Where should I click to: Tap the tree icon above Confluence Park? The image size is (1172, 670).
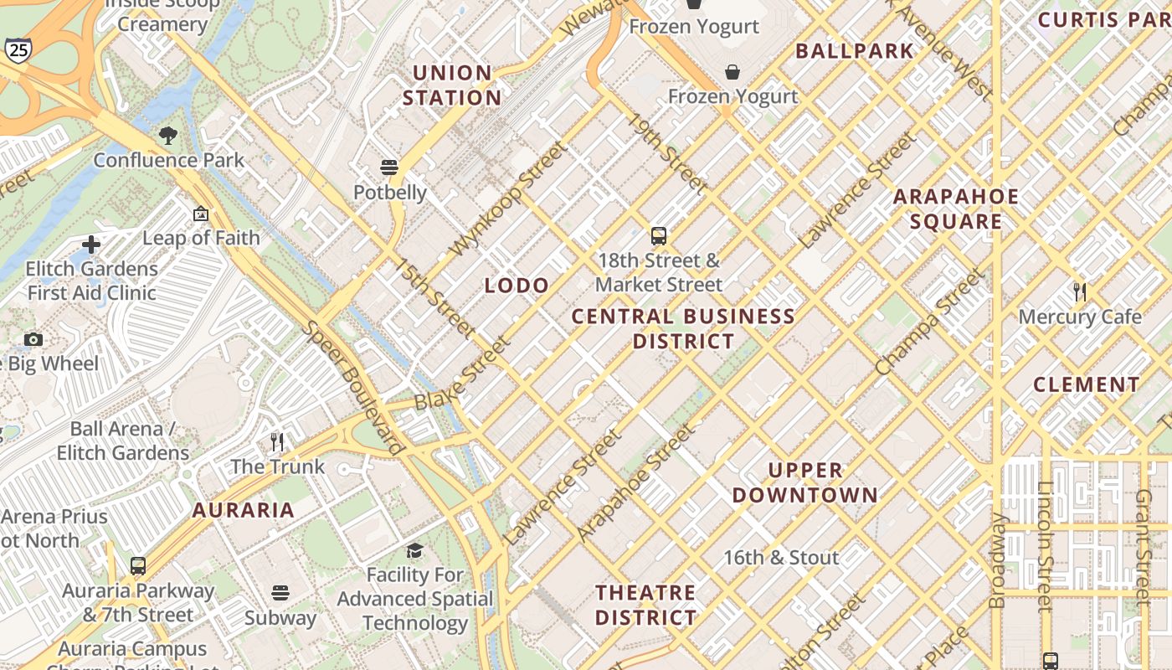coord(168,136)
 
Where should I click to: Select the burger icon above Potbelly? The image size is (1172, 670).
coord(389,167)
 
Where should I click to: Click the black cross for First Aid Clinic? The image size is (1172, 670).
coord(91,245)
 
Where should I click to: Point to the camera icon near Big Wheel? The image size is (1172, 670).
coord(33,339)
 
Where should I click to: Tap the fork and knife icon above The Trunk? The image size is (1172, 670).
coord(277,441)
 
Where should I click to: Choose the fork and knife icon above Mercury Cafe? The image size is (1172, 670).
coord(1080,292)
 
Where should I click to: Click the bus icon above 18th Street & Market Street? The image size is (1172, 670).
coord(659,236)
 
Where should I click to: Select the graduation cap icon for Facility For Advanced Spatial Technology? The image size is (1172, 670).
coord(414,550)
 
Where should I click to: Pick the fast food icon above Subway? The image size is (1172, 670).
coord(280,593)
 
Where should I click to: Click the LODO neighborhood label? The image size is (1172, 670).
coord(517,286)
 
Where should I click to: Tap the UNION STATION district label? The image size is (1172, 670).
coord(452,85)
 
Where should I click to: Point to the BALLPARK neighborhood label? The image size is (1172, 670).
coord(855,51)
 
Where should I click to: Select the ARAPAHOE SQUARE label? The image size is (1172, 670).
coord(956,209)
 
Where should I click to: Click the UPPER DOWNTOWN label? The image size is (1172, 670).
coord(805,482)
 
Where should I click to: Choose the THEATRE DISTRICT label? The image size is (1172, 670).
coord(645,606)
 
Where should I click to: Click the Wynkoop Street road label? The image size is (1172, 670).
coord(508,199)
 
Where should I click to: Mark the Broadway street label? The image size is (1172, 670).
coord(998,560)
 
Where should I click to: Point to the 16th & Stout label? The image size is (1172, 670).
coord(781,558)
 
